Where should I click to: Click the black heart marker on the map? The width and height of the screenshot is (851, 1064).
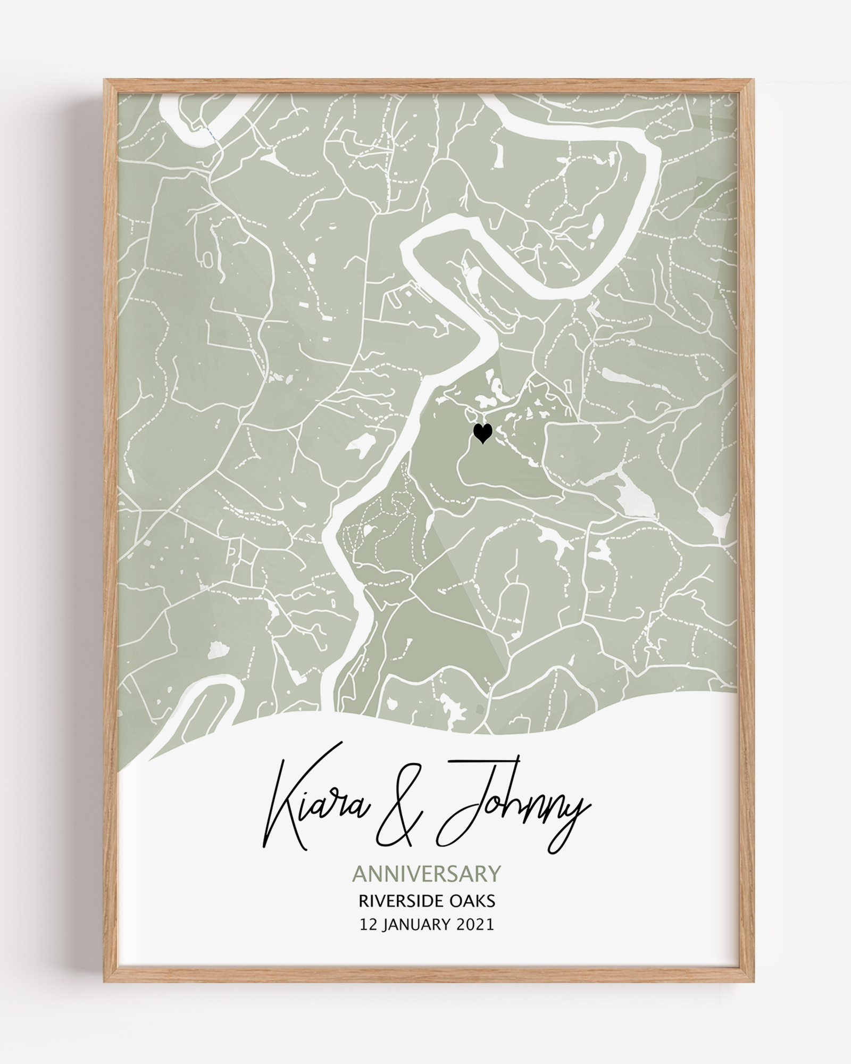pos(482,433)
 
